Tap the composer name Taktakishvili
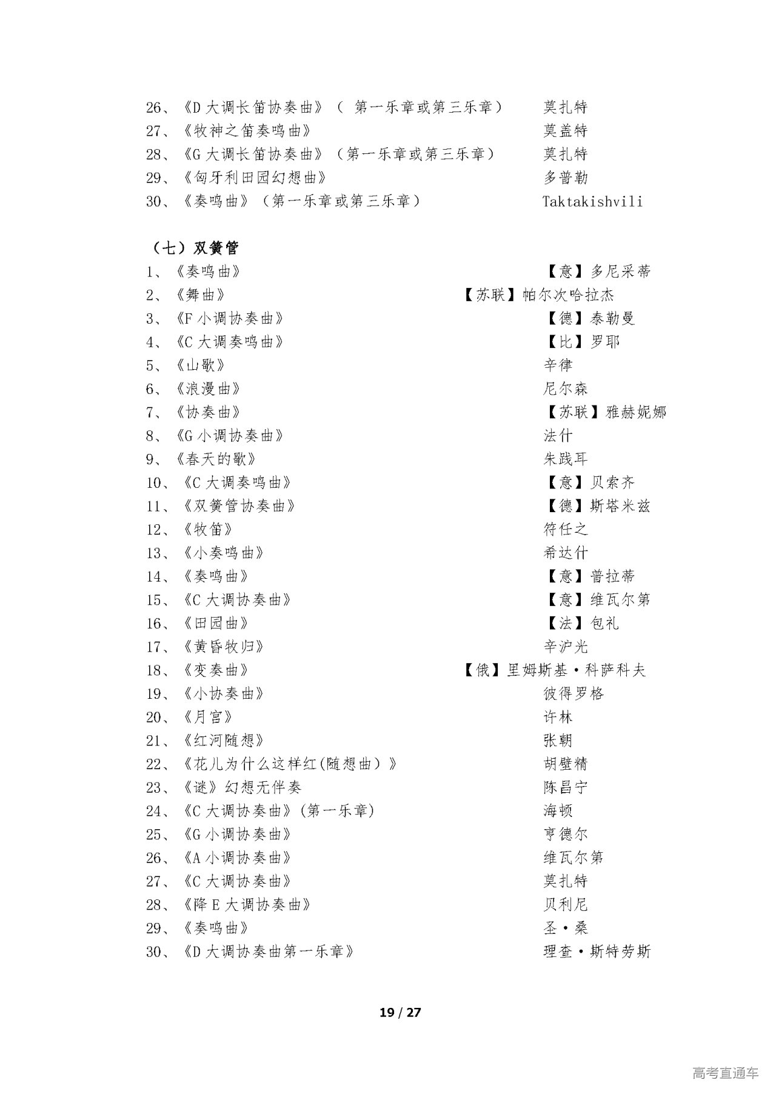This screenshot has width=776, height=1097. tap(592, 201)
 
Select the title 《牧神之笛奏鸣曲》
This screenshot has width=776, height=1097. tap(249, 131)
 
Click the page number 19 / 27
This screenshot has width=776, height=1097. tap(400, 1013)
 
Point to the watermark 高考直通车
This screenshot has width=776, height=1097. tap(725, 1073)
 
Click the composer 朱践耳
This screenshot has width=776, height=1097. tap(566, 459)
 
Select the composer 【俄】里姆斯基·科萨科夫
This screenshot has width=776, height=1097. tap(554, 670)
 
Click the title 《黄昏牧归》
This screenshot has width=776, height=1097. tap(223, 647)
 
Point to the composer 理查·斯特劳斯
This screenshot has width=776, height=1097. tap(597, 952)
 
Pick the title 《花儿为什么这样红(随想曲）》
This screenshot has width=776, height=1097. tap(290, 764)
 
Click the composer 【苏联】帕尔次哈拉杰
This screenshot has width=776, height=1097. tap(538, 295)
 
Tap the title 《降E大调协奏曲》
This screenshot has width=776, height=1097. tap(247, 905)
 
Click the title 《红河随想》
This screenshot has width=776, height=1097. tap(223, 741)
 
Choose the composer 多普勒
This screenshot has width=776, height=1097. tap(566, 178)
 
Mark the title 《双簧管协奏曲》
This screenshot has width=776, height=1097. tap(239, 506)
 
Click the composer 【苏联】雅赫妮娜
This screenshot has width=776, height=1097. tap(604, 412)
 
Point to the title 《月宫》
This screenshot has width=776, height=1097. tap(208, 717)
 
